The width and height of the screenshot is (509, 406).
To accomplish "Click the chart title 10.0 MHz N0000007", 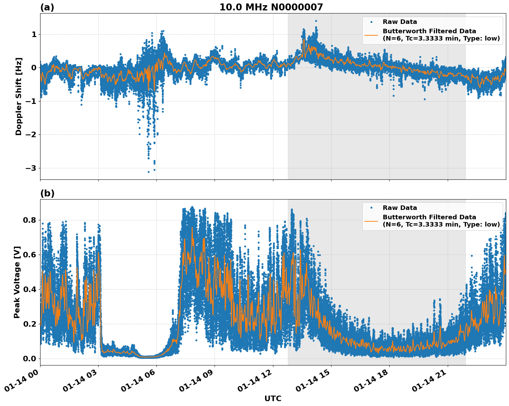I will tap(271, 7).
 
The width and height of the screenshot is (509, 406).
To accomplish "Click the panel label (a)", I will tap(47, 7).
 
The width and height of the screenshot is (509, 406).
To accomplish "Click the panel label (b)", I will tap(47, 193).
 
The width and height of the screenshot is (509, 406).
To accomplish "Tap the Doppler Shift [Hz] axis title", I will tap(19, 96).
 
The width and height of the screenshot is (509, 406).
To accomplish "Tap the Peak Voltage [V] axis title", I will tap(17, 282).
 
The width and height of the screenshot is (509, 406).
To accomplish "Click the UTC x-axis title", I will tap(273, 399).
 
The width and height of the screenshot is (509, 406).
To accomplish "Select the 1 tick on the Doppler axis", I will tap(34, 34).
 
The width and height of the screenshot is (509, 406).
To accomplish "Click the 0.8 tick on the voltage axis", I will tap(30, 220).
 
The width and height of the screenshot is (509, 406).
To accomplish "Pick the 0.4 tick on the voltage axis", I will tap(30, 289).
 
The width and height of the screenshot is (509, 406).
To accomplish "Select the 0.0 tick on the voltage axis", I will tap(30, 359).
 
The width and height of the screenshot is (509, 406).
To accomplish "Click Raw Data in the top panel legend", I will tap(400, 22).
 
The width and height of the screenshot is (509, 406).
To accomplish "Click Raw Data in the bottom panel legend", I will tap(400, 208).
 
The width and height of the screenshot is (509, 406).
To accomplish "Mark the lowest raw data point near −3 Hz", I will tap(149, 172).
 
